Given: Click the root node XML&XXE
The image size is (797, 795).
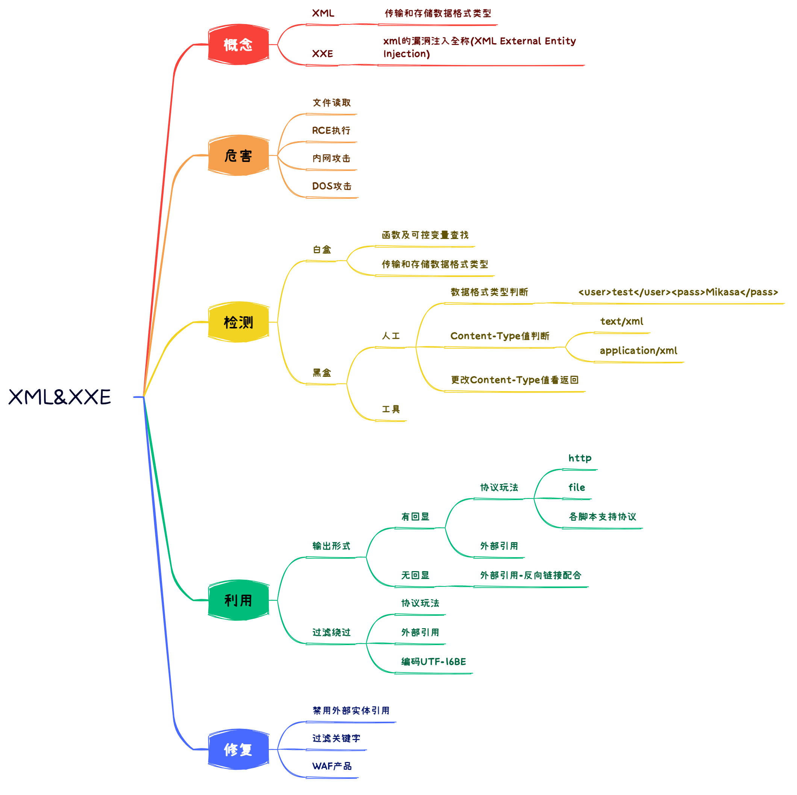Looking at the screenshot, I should pyautogui.click(x=60, y=397).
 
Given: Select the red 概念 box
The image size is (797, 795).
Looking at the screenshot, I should pyautogui.click(x=238, y=45).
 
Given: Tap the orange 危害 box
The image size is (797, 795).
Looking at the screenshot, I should pyautogui.click(x=238, y=156).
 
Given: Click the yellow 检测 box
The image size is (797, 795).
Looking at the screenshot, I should pyautogui.click(x=238, y=322).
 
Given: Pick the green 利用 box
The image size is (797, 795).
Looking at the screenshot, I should pyautogui.click(x=238, y=600).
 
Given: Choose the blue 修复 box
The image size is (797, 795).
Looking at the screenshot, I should pyautogui.click(x=238, y=749).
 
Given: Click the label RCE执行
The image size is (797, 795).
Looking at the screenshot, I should pyautogui.click(x=331, y=131).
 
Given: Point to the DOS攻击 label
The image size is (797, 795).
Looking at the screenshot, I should pyautogui.click(x=332, y=186).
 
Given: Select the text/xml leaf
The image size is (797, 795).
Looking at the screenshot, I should pyautogui.click(x=621, y=321).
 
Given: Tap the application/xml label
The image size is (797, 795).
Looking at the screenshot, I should pyautogui.click(x=638, y=351).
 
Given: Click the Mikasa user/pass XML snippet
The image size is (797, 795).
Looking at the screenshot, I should pyautogui.click(x=678, y=292).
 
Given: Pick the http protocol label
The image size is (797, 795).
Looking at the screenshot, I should pyautogui.click(x=580, y=458).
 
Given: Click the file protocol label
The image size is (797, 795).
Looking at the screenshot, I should pyautogui.click(x=576, y=487).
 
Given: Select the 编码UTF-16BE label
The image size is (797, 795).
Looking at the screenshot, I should pyautogui.click(x=433, y=662).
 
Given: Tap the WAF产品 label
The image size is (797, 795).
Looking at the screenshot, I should pyautogui.click(x=332, y=766).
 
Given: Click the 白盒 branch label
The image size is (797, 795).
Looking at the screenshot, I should pyautogui.click(x=322, y=249).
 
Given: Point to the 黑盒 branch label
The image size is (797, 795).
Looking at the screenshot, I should pyautogui.click(x=322, y=373).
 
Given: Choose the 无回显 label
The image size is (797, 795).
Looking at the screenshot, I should pyautogui.click(x=415, y=575).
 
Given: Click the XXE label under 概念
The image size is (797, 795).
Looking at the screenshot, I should pyautogui.click(x=322, y=54).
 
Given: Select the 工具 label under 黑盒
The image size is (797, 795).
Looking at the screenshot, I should pyautogui.click(x=391, y=409).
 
